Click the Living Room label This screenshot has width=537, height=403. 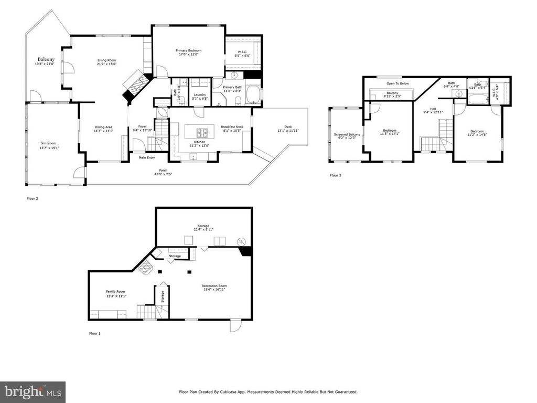point(106,60)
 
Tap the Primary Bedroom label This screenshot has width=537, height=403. point(188,50)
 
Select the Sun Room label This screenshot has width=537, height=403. point(48,143)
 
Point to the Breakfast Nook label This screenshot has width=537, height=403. point(231,126)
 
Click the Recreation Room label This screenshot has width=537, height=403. point(214,286)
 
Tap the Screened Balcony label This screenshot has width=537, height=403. point(347,135)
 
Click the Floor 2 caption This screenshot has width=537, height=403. point(33,199)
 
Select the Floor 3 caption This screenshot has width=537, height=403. point(336,175)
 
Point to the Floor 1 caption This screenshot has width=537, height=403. point(94,333)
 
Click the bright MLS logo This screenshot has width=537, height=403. point(33,391)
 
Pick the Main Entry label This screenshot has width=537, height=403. point(147,157)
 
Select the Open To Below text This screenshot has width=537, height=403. point(398,83)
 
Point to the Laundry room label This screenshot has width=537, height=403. point(199,94)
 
